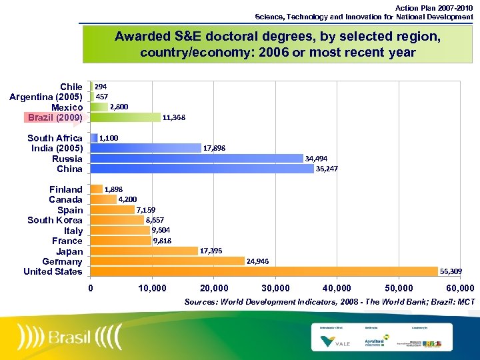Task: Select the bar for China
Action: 201,169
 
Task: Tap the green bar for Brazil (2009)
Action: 125,117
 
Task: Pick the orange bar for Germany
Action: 167,261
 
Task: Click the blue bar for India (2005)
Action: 145,148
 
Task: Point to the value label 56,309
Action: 451,271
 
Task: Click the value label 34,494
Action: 316,159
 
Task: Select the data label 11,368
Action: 174,117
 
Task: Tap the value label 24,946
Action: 258,261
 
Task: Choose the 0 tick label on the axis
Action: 91,288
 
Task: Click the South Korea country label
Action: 55,220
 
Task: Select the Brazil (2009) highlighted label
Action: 55,117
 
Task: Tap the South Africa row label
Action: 55,138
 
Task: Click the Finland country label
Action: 65,189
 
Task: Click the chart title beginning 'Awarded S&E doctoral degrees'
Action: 277,45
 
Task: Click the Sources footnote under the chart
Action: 329,302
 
